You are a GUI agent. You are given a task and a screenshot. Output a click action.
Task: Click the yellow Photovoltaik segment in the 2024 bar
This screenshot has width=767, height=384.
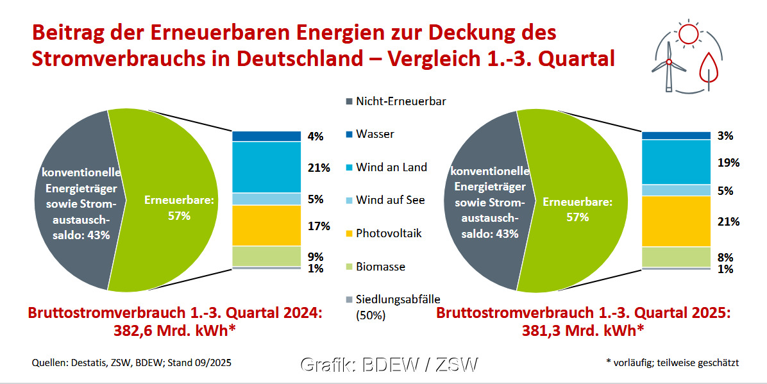point(266,226)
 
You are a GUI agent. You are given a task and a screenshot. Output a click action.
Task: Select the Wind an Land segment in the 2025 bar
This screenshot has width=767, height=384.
point(676,162)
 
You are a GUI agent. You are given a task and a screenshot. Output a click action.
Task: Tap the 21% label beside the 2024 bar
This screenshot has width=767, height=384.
point(319,168)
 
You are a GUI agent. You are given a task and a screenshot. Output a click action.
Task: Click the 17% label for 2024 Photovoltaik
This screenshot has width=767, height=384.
point(319,226)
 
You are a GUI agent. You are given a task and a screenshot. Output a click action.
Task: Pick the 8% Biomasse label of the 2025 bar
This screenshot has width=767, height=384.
point(725,258)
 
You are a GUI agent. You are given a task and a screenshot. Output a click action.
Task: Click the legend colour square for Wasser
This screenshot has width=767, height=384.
point(349,135)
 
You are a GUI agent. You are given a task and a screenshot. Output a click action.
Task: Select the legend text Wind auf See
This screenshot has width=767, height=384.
point(390,200)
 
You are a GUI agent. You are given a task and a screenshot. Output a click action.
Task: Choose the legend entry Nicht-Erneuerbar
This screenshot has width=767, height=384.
point(401,101)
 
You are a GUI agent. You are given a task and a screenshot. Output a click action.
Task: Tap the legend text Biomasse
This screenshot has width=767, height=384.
point(380,267)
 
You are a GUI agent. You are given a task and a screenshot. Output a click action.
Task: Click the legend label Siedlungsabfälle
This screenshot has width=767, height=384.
point(398,299)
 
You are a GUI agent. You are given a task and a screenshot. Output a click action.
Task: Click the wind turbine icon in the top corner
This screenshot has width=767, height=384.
point(668,64)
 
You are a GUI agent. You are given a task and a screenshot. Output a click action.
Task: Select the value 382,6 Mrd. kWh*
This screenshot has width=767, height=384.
point(174,331)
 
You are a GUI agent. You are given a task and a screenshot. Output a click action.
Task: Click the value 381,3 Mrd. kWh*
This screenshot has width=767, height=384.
point(582,331)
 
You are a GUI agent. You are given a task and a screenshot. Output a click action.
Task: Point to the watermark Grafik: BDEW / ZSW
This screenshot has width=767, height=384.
point(389,365)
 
